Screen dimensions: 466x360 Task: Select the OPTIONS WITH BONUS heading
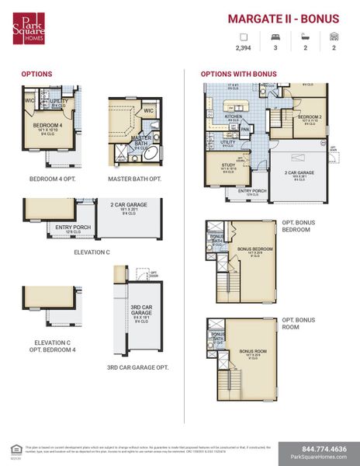tap(238, 74)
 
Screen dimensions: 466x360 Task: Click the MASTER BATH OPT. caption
tap(134, 179)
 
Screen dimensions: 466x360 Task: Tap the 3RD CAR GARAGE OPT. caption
tap(137, 367)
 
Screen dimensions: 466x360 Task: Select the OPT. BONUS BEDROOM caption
tap(299, 225)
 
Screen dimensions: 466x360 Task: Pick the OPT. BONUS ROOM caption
tap(299, 323)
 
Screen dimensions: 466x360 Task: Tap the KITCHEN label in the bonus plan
tap(233, 116)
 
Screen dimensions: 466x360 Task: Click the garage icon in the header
tap(334, 36)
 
